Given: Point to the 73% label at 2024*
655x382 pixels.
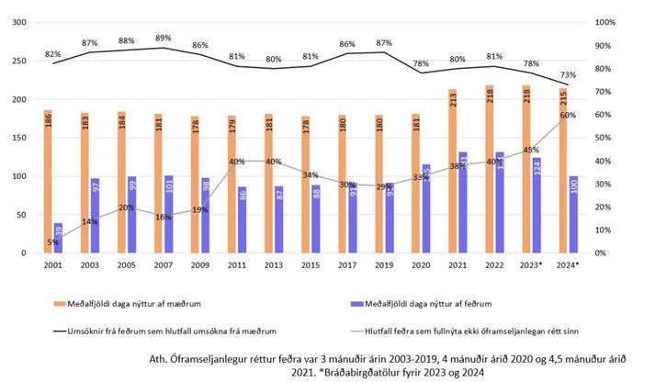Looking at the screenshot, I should pos(568,74).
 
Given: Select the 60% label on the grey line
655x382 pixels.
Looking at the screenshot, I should pos(568,115).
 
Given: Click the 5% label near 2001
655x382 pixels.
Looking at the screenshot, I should pos(52,243).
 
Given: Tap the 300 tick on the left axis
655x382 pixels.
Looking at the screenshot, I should pos(18,23).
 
